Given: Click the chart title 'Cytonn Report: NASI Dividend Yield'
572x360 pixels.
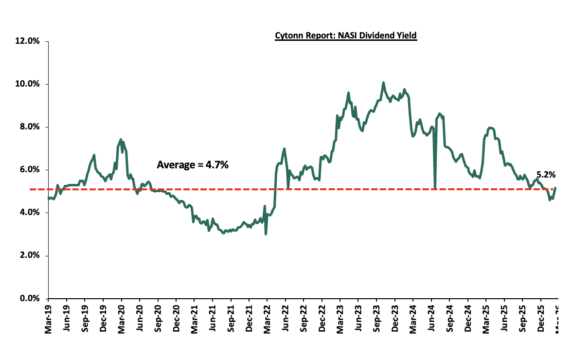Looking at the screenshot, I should tap(346, 36).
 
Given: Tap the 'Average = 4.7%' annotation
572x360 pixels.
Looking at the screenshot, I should tap(193, 165).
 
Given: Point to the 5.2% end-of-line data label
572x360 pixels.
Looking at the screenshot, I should tap(546, 174).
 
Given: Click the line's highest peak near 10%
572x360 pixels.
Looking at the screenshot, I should tap(383, 83).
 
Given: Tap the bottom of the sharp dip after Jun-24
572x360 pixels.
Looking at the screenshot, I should tap(435, 188).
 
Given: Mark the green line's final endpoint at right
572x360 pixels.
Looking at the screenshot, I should tap(555, 188).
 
